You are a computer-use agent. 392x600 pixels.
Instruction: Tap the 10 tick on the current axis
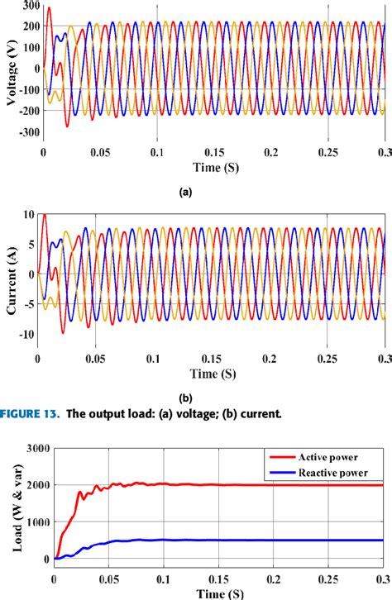tap(30, 215)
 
